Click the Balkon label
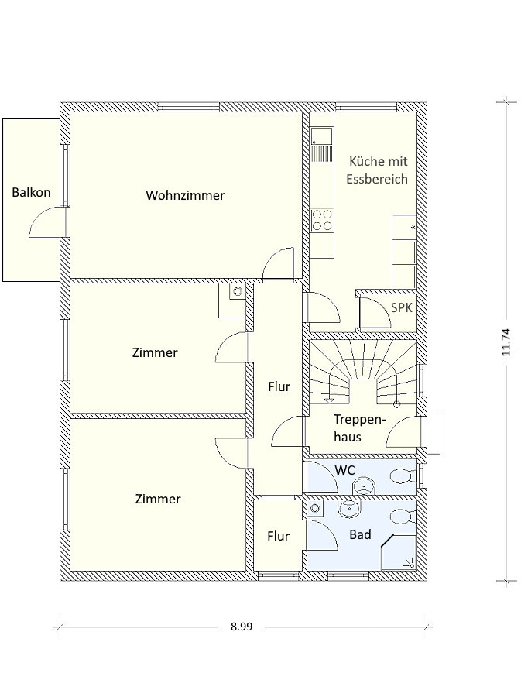tap(31, 193)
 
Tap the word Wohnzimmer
tap(185, 195)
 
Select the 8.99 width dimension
tap(242, 627)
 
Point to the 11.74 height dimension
tap(507, 342)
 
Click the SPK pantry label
tap(402, 307)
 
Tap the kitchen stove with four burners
tap(322, 220)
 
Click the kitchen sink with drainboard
tap(322, 144)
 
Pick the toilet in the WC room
tap(403, 476)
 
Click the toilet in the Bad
tap(403, 517)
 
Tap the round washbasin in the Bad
tap(351, 509)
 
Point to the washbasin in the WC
tap(364, 486)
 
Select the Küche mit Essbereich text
tap(377, 170)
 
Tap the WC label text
tap(344, 470)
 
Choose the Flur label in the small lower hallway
tap(279, 536)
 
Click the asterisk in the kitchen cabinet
tap(413, 228)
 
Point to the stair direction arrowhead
tap(329, 400)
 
